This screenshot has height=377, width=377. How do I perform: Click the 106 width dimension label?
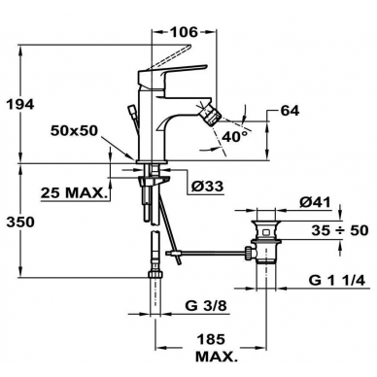click(x=184, y=32)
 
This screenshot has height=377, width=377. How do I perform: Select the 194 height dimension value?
click(x=20, y=104)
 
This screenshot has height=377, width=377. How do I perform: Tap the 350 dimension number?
click(x=20, y=223)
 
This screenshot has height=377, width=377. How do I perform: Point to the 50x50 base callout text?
click(x=74, y=130)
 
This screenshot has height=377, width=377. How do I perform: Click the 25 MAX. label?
click(x=74, y=193)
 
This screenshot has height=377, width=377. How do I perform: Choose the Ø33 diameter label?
click(x=207, y=187)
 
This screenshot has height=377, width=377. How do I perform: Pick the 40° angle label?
click(x=236, y=137)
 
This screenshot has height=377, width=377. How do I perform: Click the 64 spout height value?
click(x=290, y=111)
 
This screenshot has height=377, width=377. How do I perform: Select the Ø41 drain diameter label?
click(x=315, y=202)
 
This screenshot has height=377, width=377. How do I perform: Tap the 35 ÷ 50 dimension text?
click(x=340, y=230)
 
